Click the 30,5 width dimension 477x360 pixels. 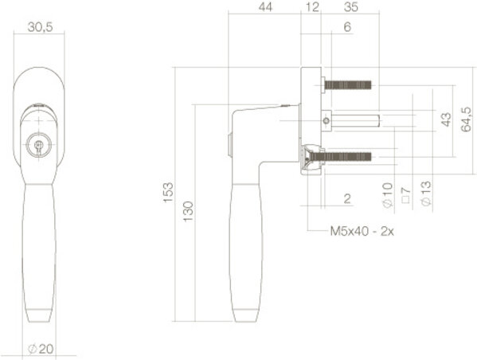click(x=40, y=27)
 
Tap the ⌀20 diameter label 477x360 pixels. click(x=41, y=349)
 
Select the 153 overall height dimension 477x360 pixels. click(x=168, y=192)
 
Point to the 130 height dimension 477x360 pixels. click(x=188, y=212)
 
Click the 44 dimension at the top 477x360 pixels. click(x=265, y=7)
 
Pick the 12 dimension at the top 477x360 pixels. click(x=312, y=7)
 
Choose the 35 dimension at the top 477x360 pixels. click(x=350, y=7)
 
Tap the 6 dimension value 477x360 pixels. click(x=347, y=27)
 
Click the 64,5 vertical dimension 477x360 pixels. click(x=466, y=119)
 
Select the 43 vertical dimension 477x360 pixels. click(x=446, y=119)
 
